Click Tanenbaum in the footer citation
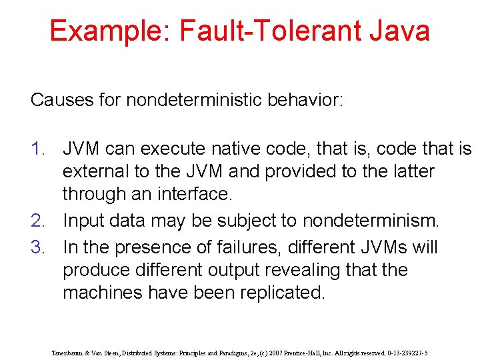pyautogui.click(x=67, y=353)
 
